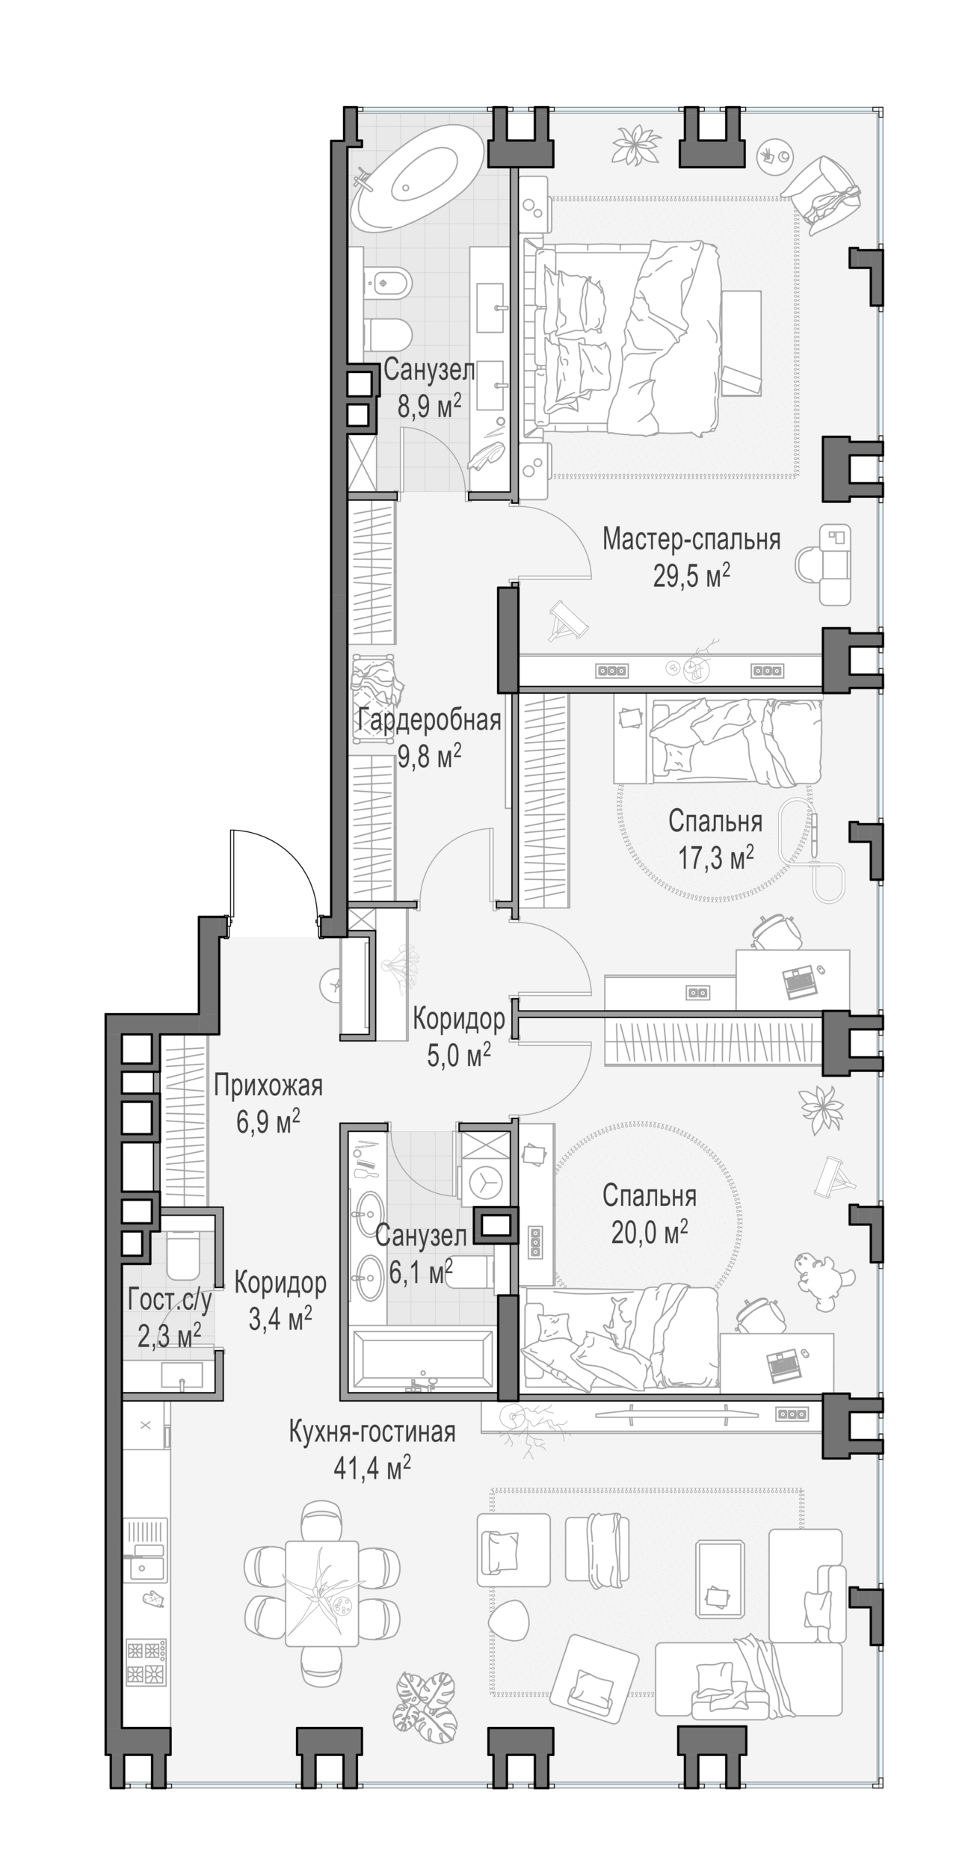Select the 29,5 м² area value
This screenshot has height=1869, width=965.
(691, 576)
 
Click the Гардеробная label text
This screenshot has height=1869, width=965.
(428, 721)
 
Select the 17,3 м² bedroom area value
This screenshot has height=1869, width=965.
(715, 857)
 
